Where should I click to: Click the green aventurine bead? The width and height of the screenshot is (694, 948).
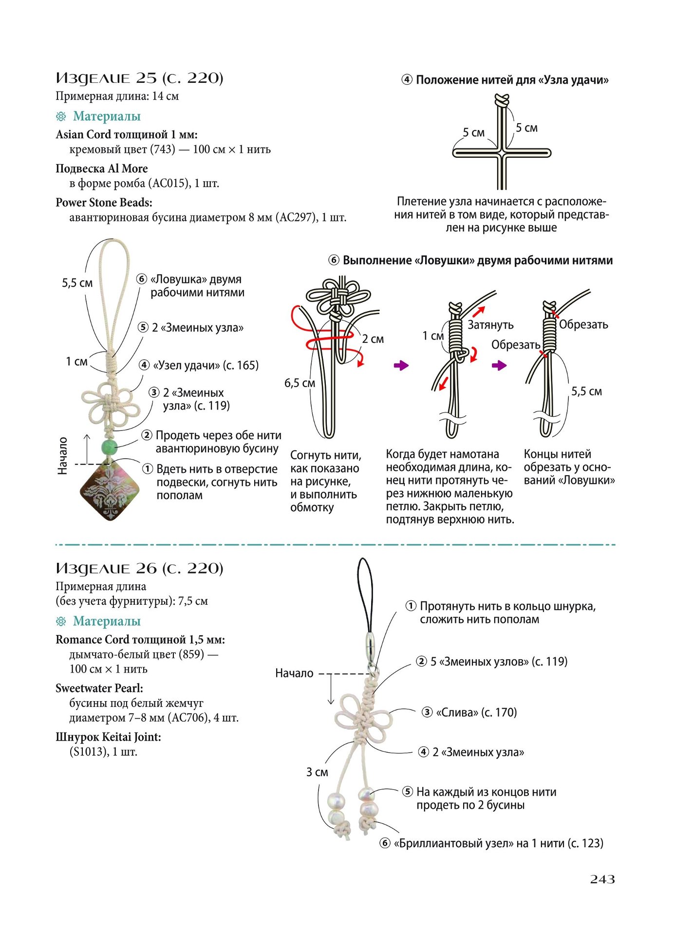click(x=109, y=447)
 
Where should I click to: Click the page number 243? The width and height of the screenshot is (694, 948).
click(x=602, y=879)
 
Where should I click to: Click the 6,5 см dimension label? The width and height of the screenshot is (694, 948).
click(x=300, y=383)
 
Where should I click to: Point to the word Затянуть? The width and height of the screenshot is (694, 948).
click(x=490, y=325)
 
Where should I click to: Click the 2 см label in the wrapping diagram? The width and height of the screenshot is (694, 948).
click(x=373, y=339)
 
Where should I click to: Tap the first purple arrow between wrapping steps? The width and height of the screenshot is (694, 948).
click(x=401, y=365)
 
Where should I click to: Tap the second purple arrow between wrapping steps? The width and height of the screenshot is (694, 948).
click(x=499, y=365)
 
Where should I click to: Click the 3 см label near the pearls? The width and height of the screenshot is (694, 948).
click(x=317, y=772)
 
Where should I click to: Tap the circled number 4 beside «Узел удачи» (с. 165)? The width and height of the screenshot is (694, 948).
click(x=144, y=365)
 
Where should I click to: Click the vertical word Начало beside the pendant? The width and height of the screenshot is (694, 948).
click(x=62, y=456)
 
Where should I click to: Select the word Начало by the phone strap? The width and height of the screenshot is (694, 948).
click(x=294, y=673)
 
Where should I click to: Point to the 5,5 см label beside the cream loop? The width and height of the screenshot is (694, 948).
click(x=77, y=283)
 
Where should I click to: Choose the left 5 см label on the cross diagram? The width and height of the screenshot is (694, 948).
click(x=473, y=132)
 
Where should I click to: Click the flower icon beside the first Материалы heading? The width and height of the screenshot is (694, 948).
click(x=61, y=116)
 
